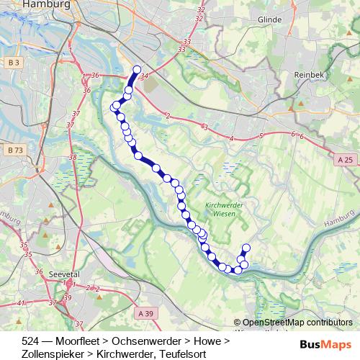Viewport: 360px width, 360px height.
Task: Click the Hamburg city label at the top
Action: coord(46,4)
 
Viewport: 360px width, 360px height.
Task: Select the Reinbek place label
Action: coord(311,74)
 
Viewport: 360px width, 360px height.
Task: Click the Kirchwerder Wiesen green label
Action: coord(222,209)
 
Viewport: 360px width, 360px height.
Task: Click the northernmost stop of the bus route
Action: coord(137,70)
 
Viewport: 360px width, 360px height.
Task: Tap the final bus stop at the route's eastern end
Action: coord(246,248)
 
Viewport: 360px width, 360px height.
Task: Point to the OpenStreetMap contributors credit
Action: coord(294,323)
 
